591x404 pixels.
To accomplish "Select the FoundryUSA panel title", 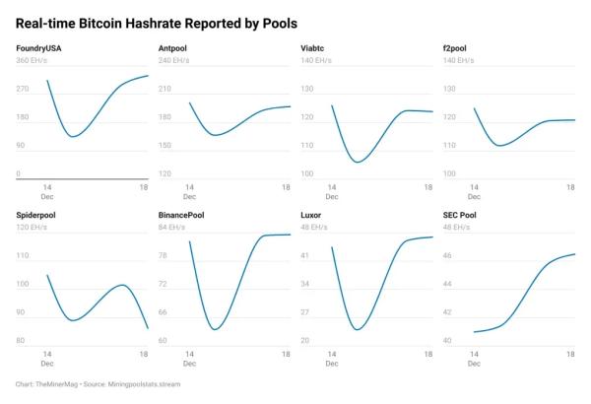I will [39, 48].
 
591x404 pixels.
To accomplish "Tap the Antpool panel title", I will [174, 48].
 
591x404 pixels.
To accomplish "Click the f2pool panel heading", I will [457, 48].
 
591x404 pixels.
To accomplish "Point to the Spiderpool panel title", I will [37, 214].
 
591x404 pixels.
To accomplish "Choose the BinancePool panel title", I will [184, 214].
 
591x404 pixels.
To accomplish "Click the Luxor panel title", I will [312, 214].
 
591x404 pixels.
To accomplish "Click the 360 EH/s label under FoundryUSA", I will [33, 60].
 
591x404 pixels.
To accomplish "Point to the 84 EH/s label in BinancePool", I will [172, 226].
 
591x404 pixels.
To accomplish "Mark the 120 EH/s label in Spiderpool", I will [33, 226].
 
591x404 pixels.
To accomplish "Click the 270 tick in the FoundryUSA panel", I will [23, 89].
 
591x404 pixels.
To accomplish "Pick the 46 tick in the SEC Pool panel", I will [449, 255].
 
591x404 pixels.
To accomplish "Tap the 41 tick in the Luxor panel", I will [305, 255].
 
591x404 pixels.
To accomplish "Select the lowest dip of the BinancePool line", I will [215, 329].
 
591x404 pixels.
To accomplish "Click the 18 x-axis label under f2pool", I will [570, 187].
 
